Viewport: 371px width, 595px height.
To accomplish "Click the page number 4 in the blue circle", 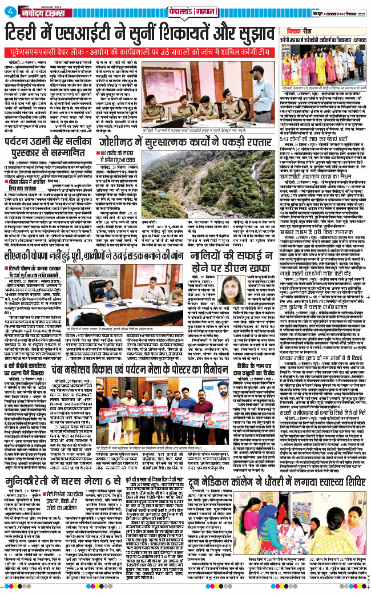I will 7,7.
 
